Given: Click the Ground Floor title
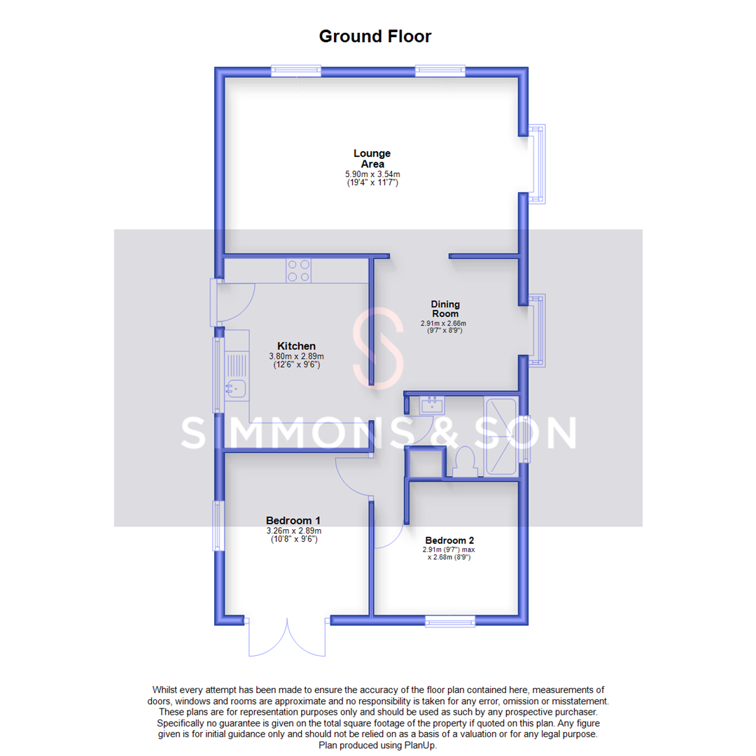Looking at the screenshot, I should pos(375,36).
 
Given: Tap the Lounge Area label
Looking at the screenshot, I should pos(372,158).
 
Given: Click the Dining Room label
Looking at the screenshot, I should pos(444,309).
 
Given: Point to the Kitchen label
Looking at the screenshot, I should pos(296,346).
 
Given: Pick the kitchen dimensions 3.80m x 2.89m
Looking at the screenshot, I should pos(296,356).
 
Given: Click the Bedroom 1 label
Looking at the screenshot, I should pos(293,520).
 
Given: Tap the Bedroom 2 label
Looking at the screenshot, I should pos(449,540).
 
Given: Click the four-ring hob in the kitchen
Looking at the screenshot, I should pos(299,270).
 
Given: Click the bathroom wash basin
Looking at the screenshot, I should pos(432,404).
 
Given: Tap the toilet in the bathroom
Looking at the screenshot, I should pos(464,463).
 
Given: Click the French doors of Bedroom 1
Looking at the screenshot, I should pos(286,636).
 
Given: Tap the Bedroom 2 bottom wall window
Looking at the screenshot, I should pos(450,620).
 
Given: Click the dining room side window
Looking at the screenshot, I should pos(537,330).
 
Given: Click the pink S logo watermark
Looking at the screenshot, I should pos(379,348).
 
